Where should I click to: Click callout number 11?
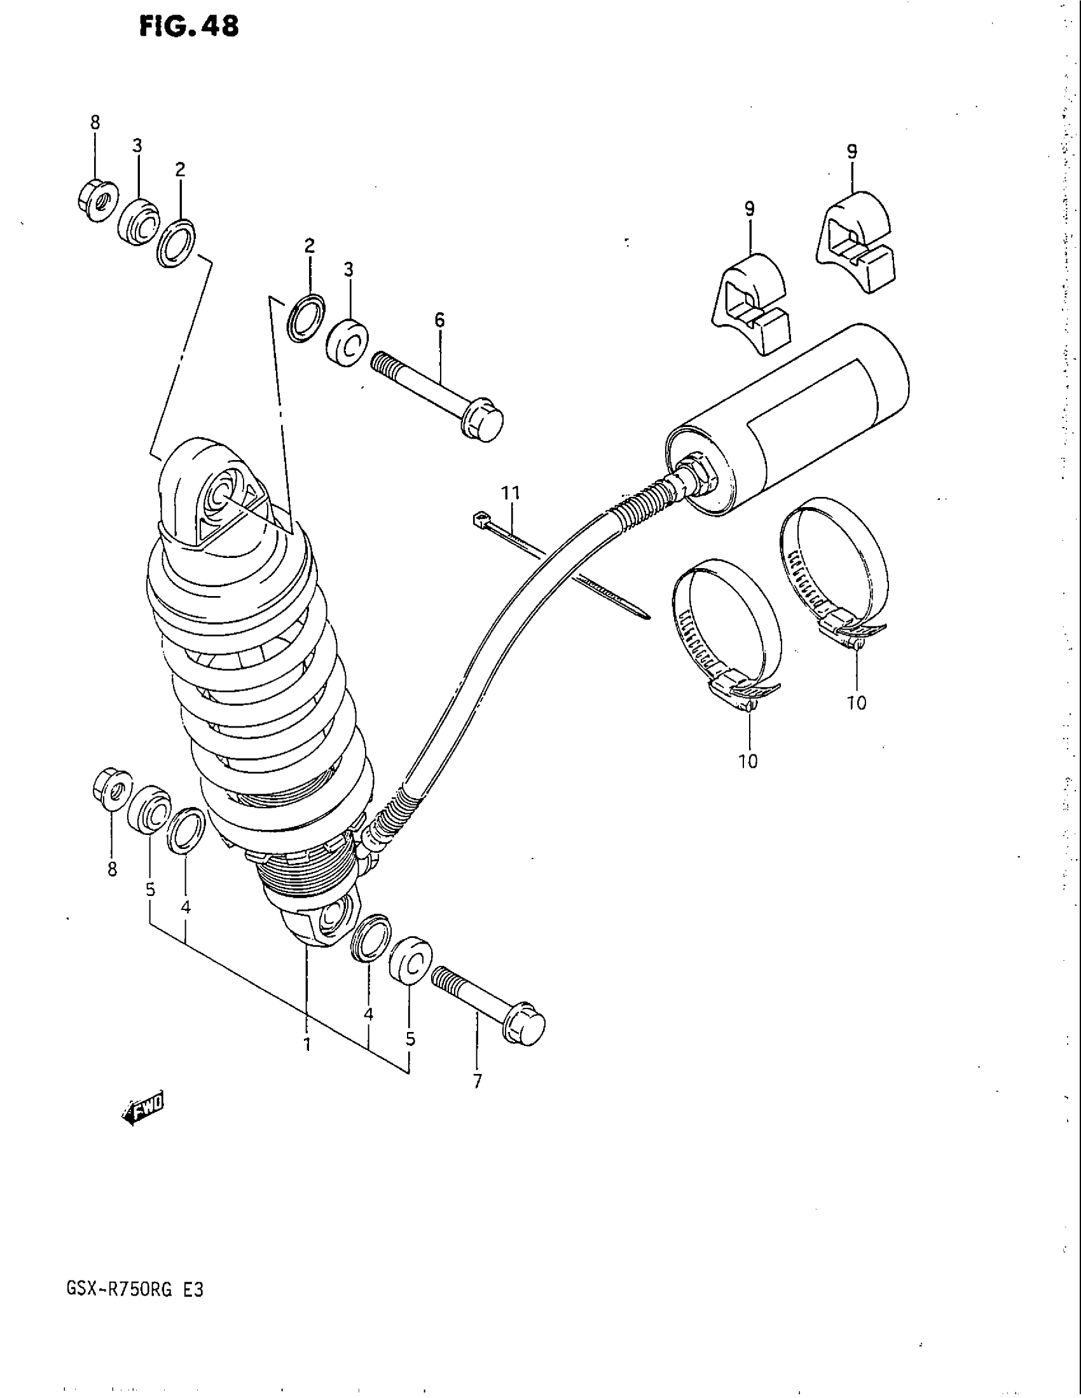click(511, 493)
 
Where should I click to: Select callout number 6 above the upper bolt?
click(439, 320)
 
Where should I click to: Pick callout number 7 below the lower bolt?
click(477, 1082)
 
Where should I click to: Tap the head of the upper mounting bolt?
click(484, 423)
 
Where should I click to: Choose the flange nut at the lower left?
click(112, 791)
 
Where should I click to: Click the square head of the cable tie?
click(478, 518)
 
